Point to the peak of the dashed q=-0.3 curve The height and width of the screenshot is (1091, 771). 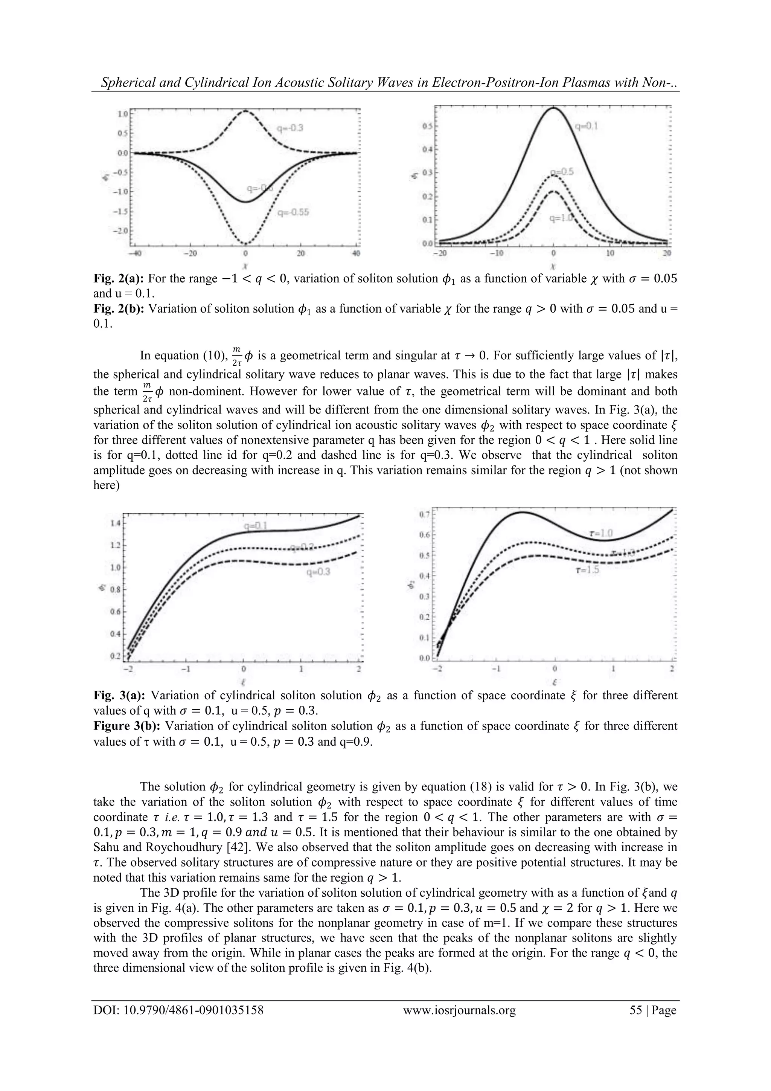(x=245, y=111)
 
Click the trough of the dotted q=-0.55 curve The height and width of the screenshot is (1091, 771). (x=245, y=244)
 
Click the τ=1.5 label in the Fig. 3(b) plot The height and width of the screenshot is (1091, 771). (x=587, y=570)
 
